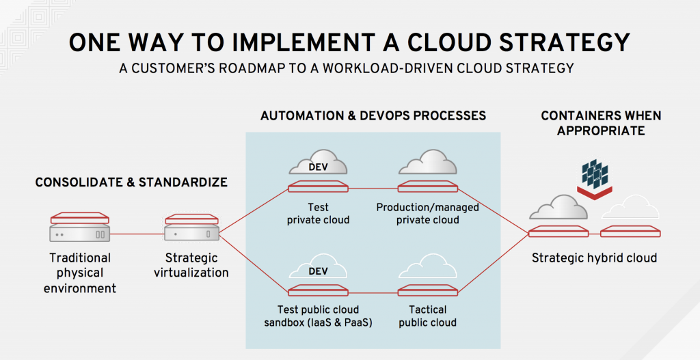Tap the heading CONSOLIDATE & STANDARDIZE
(131, 182)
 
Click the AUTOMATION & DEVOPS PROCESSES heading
(373, 116)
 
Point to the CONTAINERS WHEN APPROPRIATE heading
(601, 123)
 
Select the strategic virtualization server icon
(192, 227)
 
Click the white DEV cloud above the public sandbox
(318, 267)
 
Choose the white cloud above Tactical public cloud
(428, 266)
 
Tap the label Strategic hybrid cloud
(594, 258)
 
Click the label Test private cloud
(318, 214)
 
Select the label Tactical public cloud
(428, 316)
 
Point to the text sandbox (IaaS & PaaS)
(318, 322)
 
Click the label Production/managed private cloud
(428, 214)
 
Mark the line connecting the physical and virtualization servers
(137, 234)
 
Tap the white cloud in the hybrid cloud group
(630, 208)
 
